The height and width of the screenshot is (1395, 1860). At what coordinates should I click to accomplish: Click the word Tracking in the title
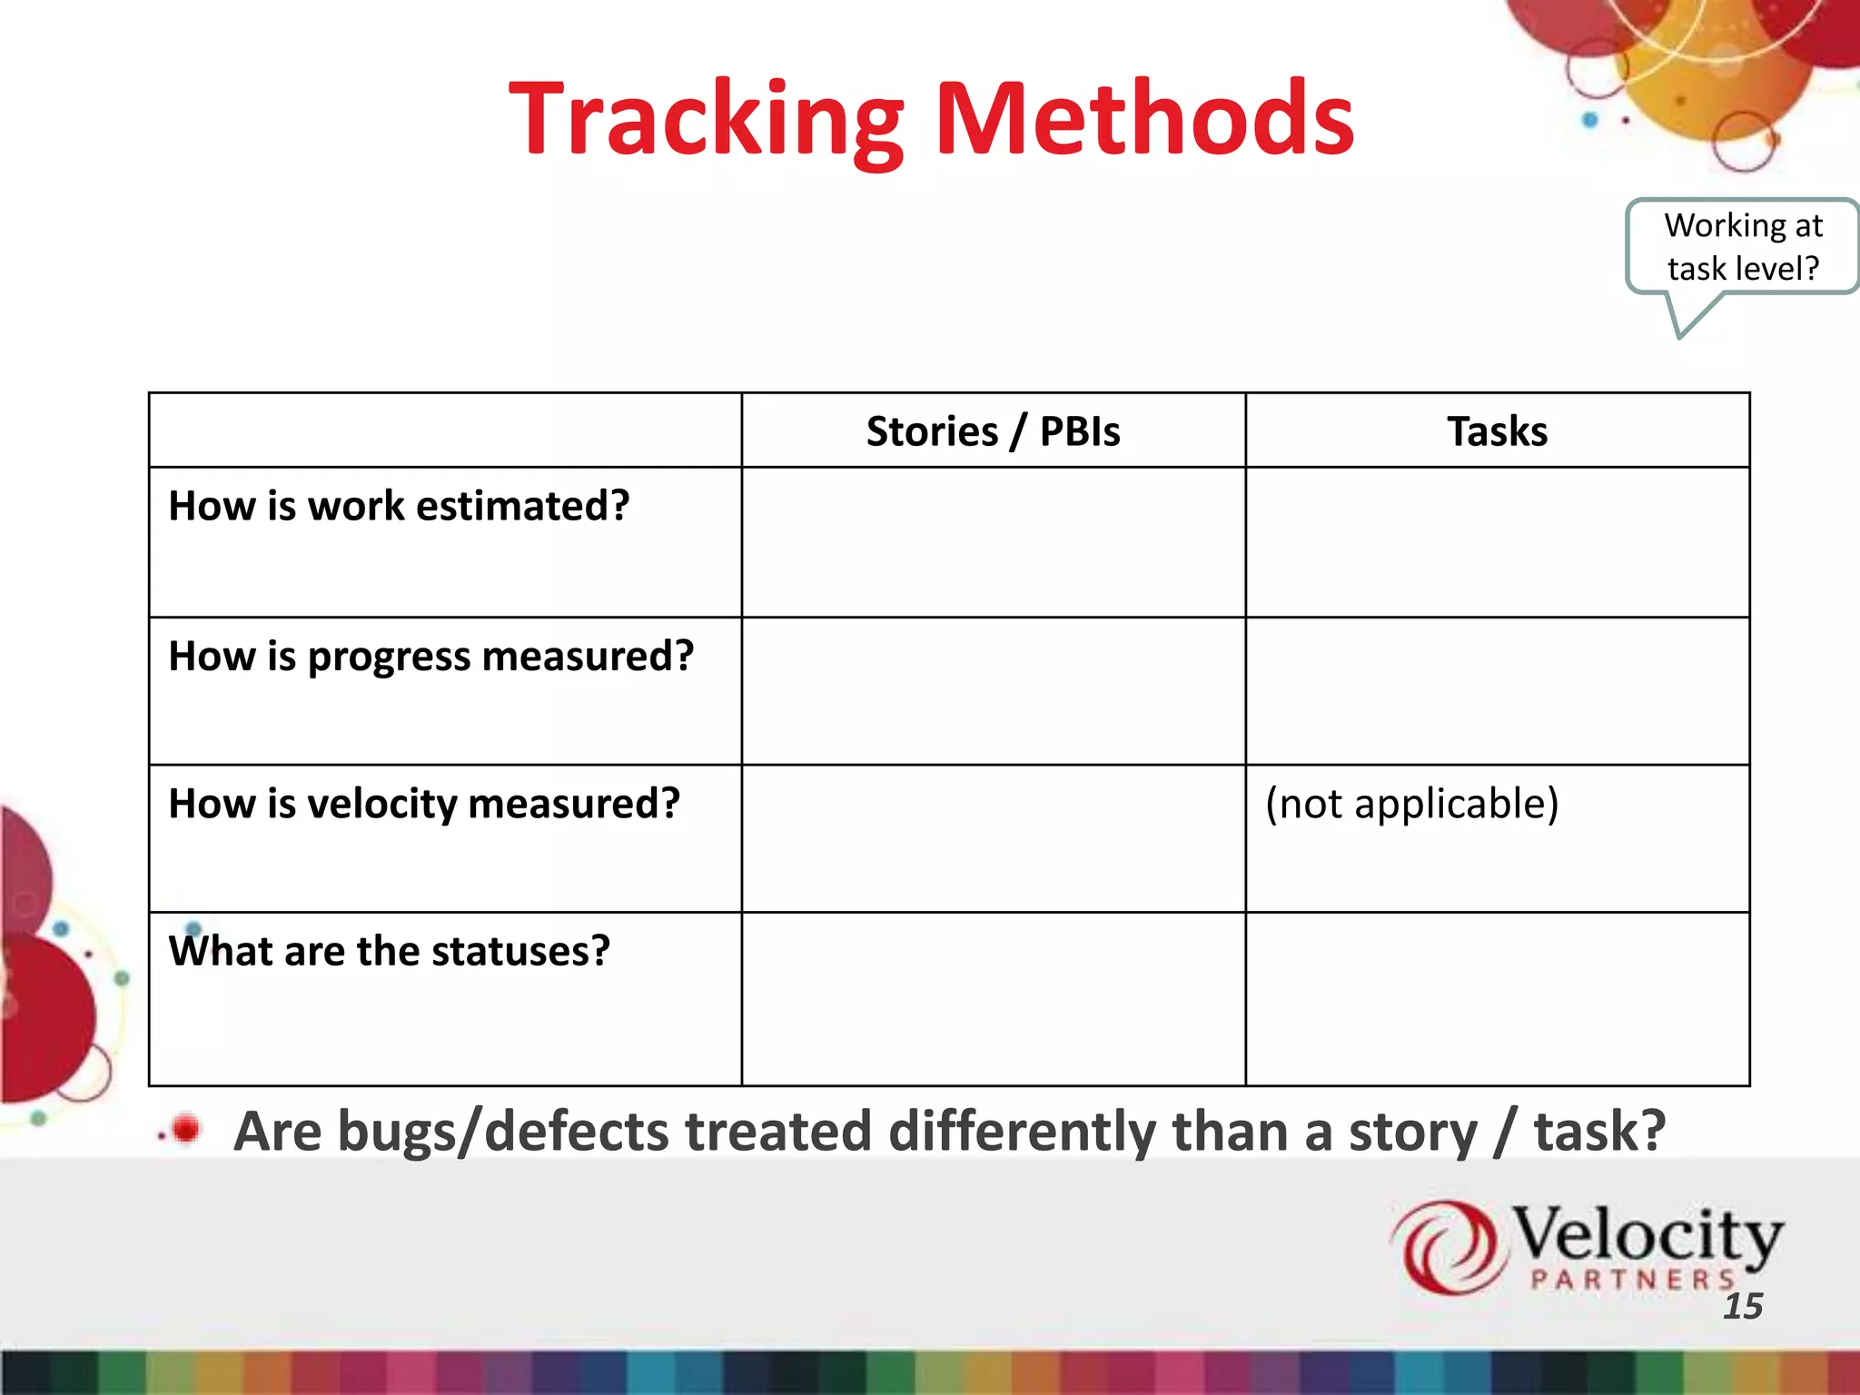(x=707, y=120)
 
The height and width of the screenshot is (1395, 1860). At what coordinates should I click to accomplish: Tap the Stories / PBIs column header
(x=993, y=430)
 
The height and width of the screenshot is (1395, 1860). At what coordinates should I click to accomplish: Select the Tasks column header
(x=1497, y=430)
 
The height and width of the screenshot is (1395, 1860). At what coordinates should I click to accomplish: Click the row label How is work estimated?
(x=399, y=506)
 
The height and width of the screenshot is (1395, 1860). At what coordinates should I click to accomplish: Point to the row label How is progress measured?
(x=431, y=656)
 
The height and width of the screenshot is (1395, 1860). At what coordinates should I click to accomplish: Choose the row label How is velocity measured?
(x=424, y=804)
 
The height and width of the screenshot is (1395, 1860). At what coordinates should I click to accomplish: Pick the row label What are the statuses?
(x=389, y=951)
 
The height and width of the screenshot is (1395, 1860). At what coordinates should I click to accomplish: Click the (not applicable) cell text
(x=1411, y=804)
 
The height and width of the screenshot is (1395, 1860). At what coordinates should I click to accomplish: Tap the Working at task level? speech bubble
(x=1742, y=247)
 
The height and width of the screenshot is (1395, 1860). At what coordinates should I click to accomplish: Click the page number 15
(x=1742, y=1306)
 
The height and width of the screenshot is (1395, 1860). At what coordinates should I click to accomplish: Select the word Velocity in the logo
(x=1646, y=1235)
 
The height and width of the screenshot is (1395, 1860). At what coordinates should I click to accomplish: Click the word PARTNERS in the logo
(x=1632, y=1280)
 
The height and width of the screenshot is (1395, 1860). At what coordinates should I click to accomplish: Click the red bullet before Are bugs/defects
(x=185, y=1129)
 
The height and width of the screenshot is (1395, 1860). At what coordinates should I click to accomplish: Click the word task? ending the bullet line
(x=1599, y=1132)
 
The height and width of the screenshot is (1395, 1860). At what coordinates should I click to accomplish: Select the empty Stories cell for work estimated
(x=993, y=542)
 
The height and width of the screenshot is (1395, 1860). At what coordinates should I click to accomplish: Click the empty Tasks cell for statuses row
(x=1497, y=998)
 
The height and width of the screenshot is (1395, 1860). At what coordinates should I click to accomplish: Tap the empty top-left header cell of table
(x=445, y=430)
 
